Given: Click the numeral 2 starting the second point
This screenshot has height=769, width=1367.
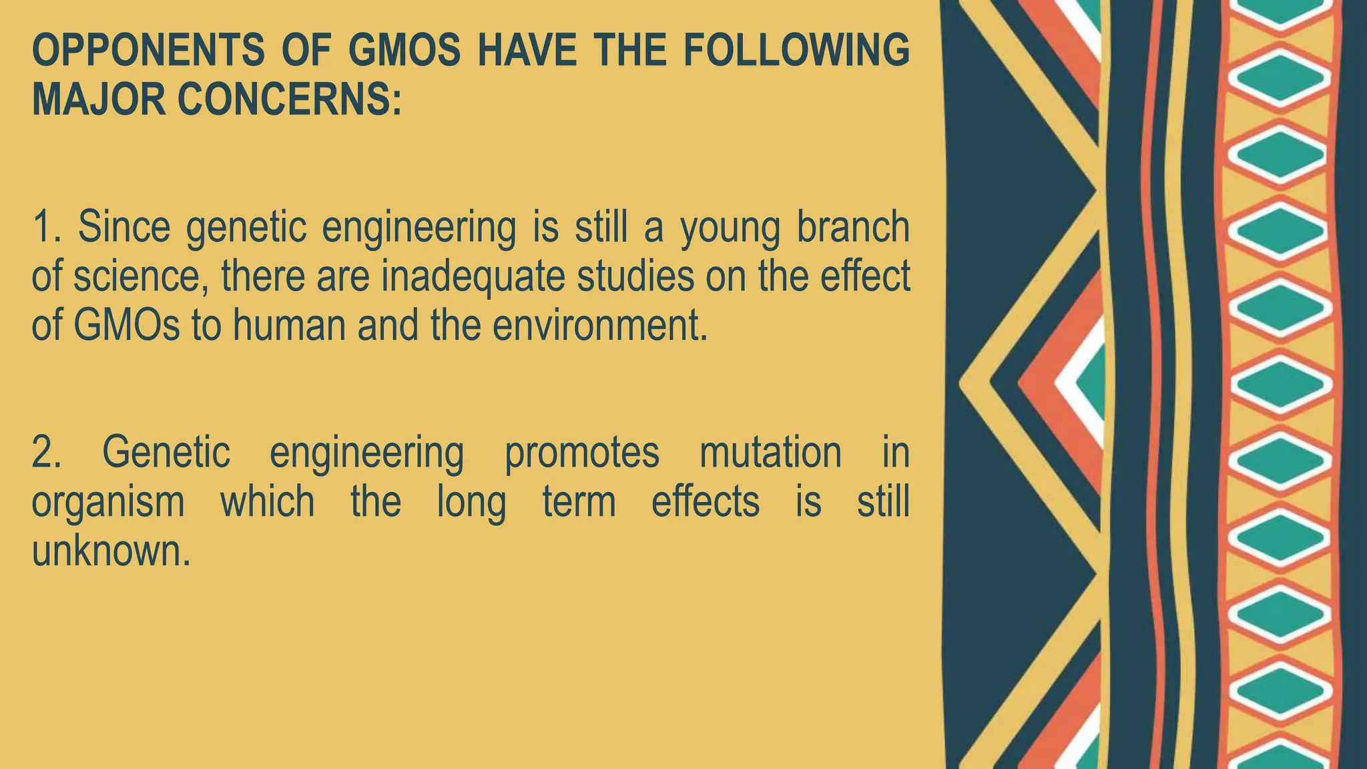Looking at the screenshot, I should pyautogui.click(x=45, y=452).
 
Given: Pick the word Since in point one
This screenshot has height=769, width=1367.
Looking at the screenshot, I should pyautogui.click(x=124, y=227).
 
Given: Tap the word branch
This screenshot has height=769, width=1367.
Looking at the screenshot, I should pyautogui.click(x=854, y=227).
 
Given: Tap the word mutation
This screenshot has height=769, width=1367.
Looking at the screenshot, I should pyautogui.click(x=770, y=452).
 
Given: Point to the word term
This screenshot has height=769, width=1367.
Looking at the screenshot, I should pyautogui.click(x=579, y=502).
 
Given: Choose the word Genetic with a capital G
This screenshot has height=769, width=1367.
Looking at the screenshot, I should pyautogui.click(x=166, y=452).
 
